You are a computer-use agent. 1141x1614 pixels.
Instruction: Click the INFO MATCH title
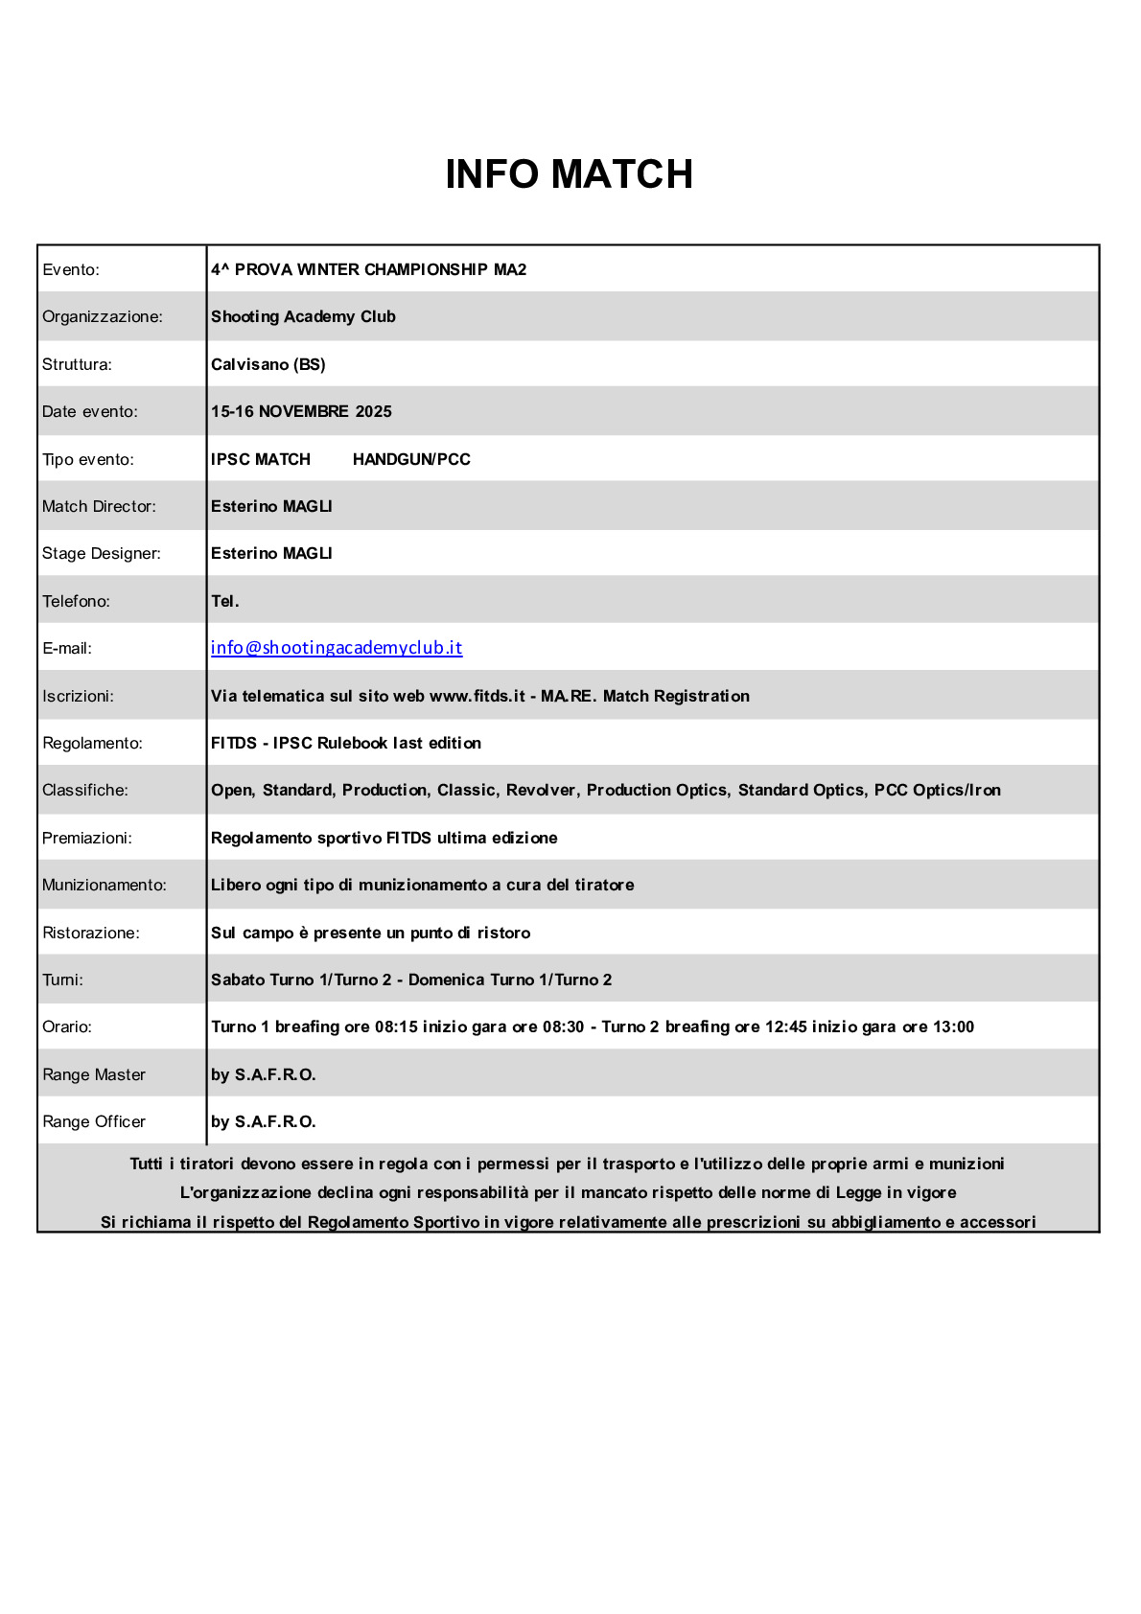pos(569,174)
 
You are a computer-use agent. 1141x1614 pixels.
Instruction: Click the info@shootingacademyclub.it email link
pos(337,648)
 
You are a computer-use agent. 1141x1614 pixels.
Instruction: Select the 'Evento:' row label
pos(71,270)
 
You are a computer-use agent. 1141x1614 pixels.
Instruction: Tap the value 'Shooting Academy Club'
pos(303,317)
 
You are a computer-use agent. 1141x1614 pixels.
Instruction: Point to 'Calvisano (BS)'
pos(268,364)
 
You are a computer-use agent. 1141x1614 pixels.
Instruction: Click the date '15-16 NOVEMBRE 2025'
pos(301,412)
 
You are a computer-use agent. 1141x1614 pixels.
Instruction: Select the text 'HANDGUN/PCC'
pos(411,460)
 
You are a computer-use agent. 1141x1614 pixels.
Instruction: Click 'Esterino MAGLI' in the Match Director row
pos(271,507)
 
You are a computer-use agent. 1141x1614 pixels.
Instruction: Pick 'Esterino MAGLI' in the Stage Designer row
pos(271,554)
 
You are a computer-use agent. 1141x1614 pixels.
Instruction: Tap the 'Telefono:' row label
pos(77,602)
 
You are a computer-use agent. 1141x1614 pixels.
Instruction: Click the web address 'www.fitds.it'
pos(477,697)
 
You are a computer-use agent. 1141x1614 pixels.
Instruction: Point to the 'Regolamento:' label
pos(92,744)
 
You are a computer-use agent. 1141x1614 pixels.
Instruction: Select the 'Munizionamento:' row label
pos(105,886)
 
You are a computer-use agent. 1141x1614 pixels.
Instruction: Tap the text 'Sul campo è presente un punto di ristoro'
pos(370,934)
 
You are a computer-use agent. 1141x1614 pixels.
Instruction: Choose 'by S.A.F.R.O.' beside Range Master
pos(264,1075)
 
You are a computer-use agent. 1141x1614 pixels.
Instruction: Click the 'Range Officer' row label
pos(94,1122)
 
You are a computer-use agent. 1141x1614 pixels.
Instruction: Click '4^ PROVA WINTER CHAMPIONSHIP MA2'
pos(369,270)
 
